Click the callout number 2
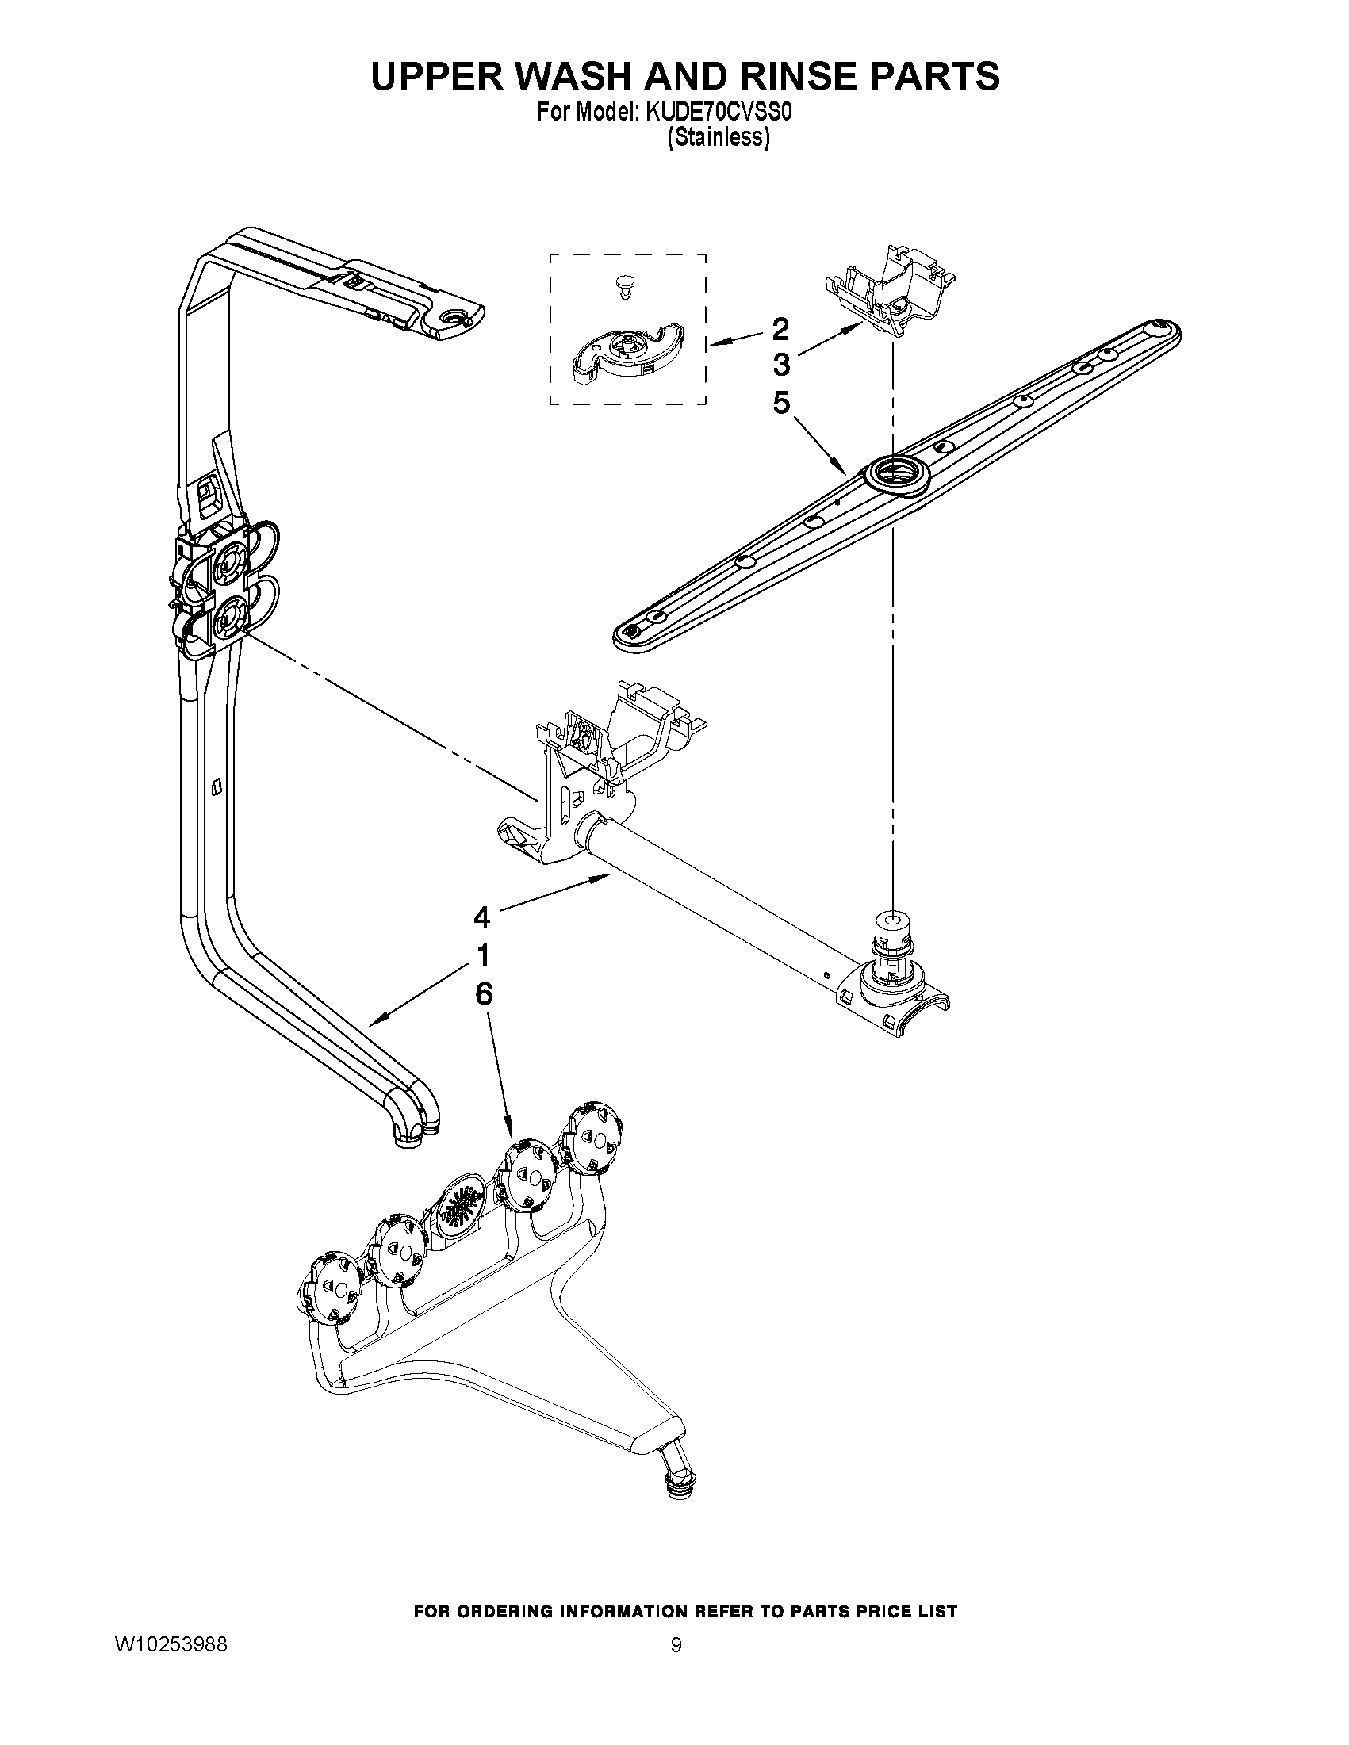780,328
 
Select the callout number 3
781,365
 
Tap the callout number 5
781,403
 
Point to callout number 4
481,917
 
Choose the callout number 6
483,993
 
